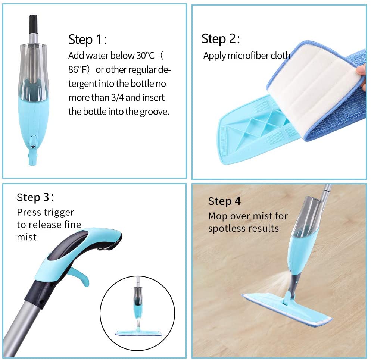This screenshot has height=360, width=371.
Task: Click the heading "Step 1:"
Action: [87, 39]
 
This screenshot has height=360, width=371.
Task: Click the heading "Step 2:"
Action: [221, 39]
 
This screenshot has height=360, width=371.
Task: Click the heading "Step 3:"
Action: [35, 197]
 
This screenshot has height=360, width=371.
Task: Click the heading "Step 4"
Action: [224, 201]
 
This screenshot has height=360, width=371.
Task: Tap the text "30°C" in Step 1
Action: [145, 56]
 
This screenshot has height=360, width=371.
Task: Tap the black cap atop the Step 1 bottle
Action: [33, 24]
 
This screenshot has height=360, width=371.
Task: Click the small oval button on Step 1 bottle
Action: [33, 142]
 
